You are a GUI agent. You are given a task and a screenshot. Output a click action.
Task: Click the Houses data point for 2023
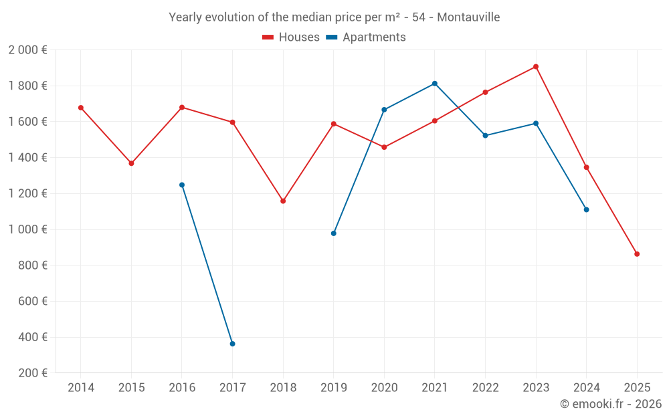coord(536,67)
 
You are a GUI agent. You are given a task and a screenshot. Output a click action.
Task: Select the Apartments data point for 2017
coord(232,344)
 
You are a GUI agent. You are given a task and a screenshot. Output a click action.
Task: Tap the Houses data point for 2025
coord(637,254)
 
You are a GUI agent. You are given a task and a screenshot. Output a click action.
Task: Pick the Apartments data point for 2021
coord(435,84)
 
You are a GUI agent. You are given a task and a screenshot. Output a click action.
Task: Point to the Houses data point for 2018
coord(283,201)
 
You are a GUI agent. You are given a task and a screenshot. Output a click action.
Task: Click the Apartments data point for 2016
coord(182,185)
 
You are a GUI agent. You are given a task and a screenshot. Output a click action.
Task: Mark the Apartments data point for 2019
coord(334,233)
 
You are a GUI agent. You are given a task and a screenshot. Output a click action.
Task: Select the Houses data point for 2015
coord(131,163)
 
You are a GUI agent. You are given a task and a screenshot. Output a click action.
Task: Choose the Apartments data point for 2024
coord(586,209)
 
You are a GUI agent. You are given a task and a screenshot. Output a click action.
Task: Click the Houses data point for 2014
coord(81,108)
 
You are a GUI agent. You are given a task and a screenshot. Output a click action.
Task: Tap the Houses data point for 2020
coord(384,147)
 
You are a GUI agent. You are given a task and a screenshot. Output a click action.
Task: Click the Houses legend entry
coord(291,37)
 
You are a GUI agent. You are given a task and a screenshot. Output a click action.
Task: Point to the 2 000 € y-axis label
coord(27,50)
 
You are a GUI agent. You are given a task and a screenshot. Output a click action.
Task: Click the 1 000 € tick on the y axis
coord(27,229)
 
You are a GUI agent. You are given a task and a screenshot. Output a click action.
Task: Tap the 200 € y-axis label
coord(31,373)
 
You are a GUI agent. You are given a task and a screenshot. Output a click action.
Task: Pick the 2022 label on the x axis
coord(485,388)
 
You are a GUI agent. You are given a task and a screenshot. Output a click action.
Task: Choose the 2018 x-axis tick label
coord(283,388)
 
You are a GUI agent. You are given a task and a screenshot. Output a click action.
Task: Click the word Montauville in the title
coord(468,17)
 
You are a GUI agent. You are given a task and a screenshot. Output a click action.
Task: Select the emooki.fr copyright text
coord(611,404)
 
